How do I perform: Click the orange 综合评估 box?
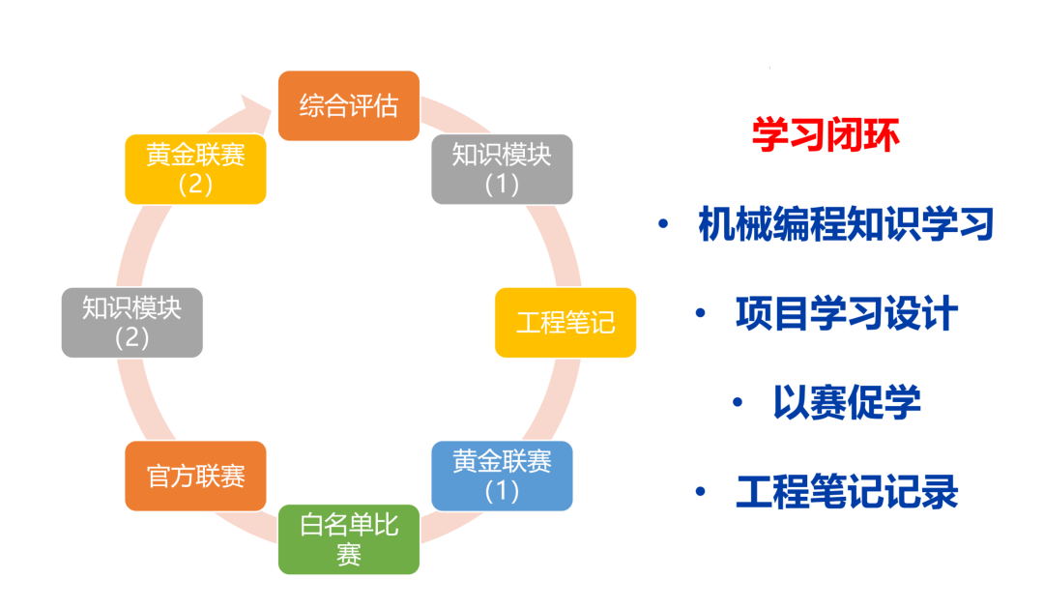point(349,106)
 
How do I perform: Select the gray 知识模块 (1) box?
point(502,169)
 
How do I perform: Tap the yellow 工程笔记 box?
point(565,322)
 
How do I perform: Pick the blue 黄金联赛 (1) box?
point(502,476)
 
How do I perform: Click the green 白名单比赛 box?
point(349,539)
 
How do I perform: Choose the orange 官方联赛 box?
point(195,476)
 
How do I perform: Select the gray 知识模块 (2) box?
point(131,322)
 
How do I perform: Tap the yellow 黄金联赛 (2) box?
point(195,169)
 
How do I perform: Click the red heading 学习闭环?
point(826,134)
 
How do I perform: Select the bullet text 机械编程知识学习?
point(846,223)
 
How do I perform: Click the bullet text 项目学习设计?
point(846,313)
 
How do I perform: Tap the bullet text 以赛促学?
point(846,402)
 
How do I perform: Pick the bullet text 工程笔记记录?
point(846,491)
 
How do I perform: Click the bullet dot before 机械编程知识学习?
point(663,223)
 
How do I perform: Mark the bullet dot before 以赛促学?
point(737,402)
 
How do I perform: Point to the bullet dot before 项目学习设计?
point(700,313)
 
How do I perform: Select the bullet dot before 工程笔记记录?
point(700,491)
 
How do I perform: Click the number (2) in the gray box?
point(131,337)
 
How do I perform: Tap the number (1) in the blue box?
point(502,491)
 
